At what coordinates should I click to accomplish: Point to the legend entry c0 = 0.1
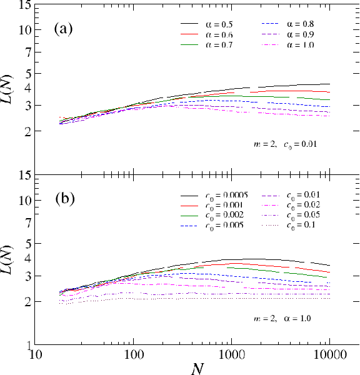click(x=302, y=224)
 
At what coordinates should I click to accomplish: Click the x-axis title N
click(x=196, y=368)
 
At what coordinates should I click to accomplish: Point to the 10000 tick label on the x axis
click(x=329, y=356)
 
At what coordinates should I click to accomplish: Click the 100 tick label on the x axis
click(x=133, y=356)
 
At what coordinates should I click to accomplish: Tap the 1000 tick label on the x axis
click(x=231, y=356)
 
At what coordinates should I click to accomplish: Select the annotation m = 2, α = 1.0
click(x=281, y=319)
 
